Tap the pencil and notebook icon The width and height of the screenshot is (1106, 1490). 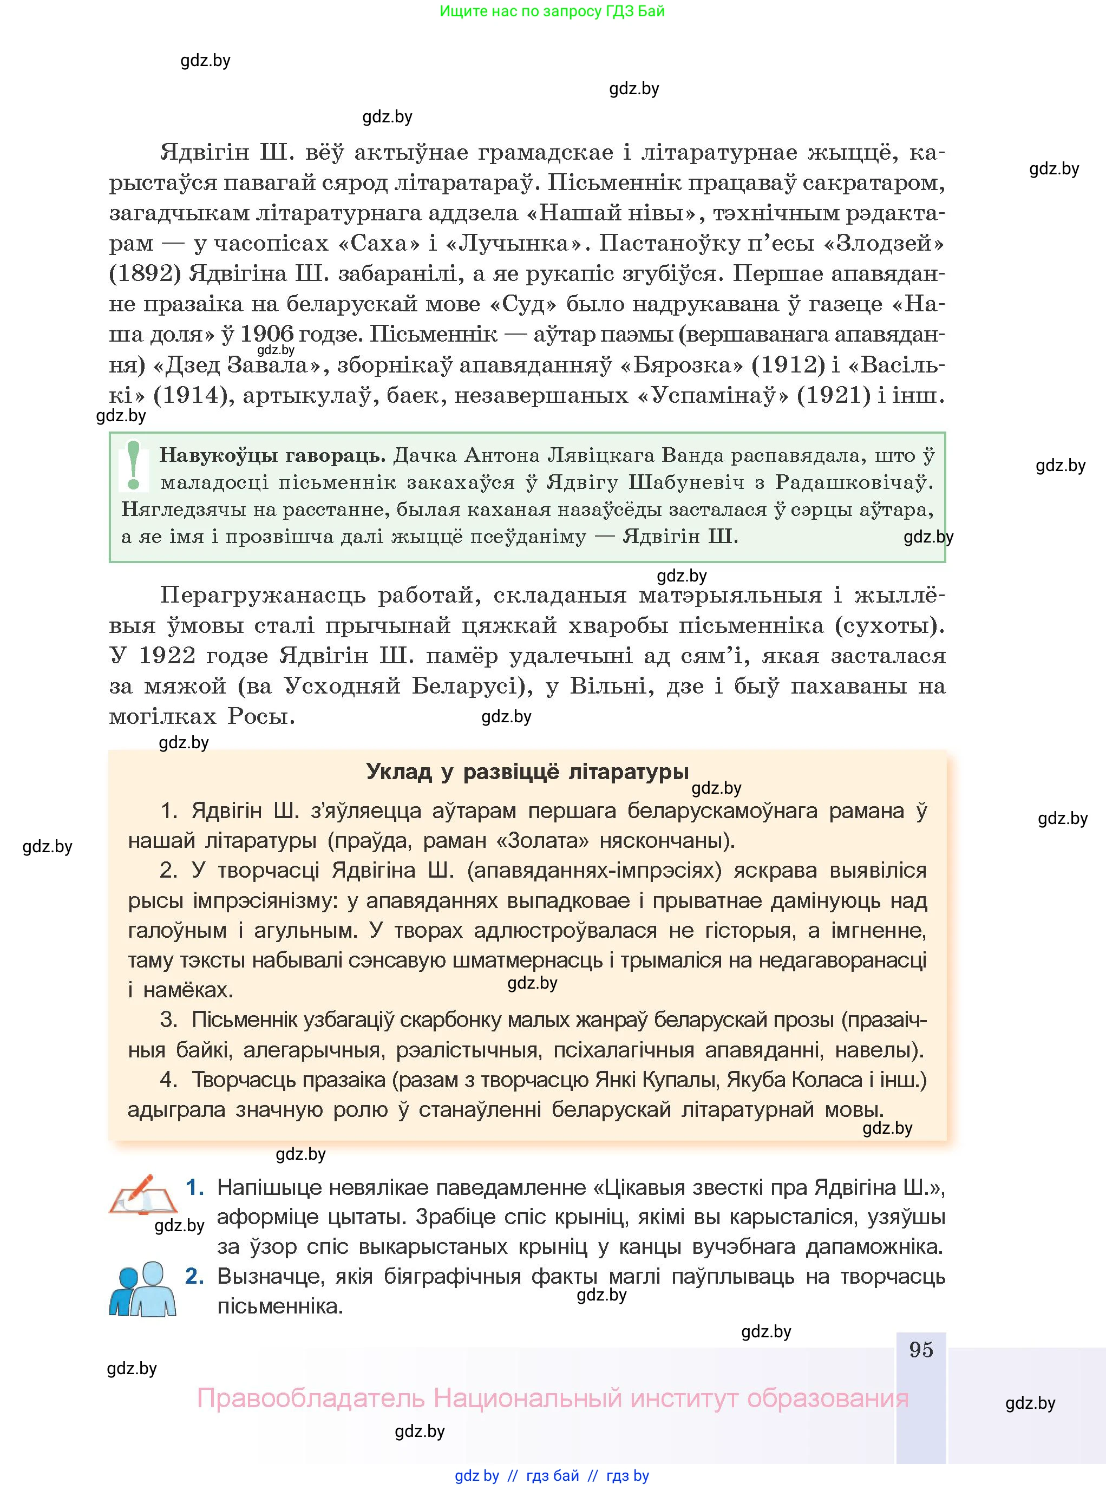pyautogui.click(x=142, y=1196)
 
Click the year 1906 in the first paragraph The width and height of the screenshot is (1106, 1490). pyautogui.click(x=266, y=334)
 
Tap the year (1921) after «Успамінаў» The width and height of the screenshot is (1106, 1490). pyautogui.click(x=834, y=395)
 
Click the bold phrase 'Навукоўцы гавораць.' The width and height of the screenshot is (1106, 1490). pyautogui.click(x=272, y=455)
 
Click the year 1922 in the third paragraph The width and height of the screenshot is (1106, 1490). pyautogui.click(x=167, y=655)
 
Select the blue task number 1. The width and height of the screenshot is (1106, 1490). pyautogui.click(x=194, y=1187)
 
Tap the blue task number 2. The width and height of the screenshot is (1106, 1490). pyautogui.click(x=194, y=1276)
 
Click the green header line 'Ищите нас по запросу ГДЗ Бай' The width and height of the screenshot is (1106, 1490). pyautogui.click(x=552, y=11)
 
